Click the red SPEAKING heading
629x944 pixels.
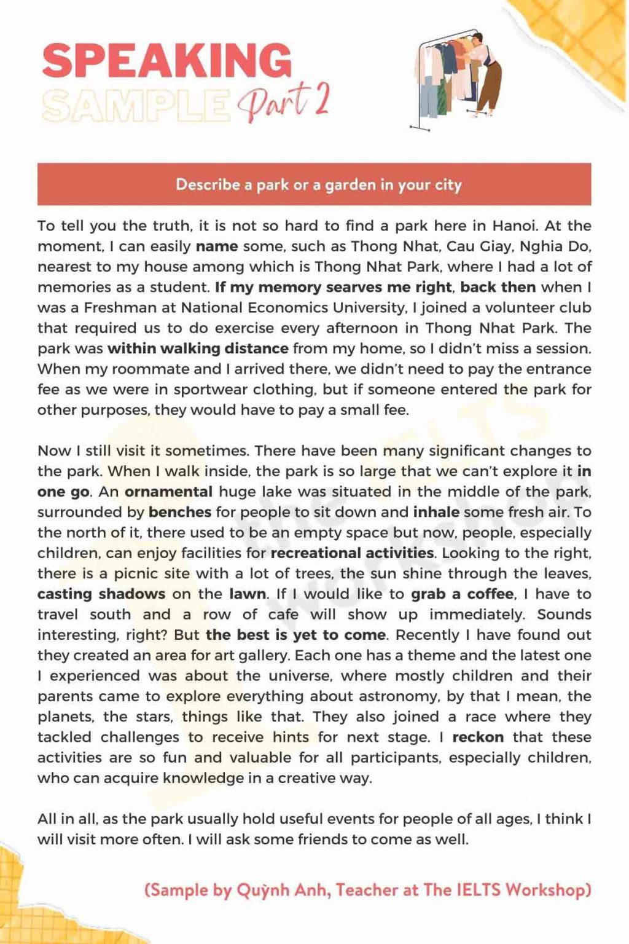(x=166, y=60)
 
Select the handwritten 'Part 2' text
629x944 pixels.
(x=284, y=101)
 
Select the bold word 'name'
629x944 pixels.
(x=217, y=246)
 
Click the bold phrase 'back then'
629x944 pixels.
(x=498, y=287)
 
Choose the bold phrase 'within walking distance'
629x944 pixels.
(x=198, y=348)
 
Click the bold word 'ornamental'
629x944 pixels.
(x=168, y=492)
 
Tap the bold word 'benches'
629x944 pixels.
(x=180, y=512)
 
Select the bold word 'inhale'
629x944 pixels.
(x=436, y=512)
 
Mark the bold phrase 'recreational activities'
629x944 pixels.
(x=352, y=553)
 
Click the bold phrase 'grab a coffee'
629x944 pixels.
(x=462, y=594)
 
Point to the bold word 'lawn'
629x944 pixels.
(x=248, y=594)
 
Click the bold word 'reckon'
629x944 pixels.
(x=478, y=737)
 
